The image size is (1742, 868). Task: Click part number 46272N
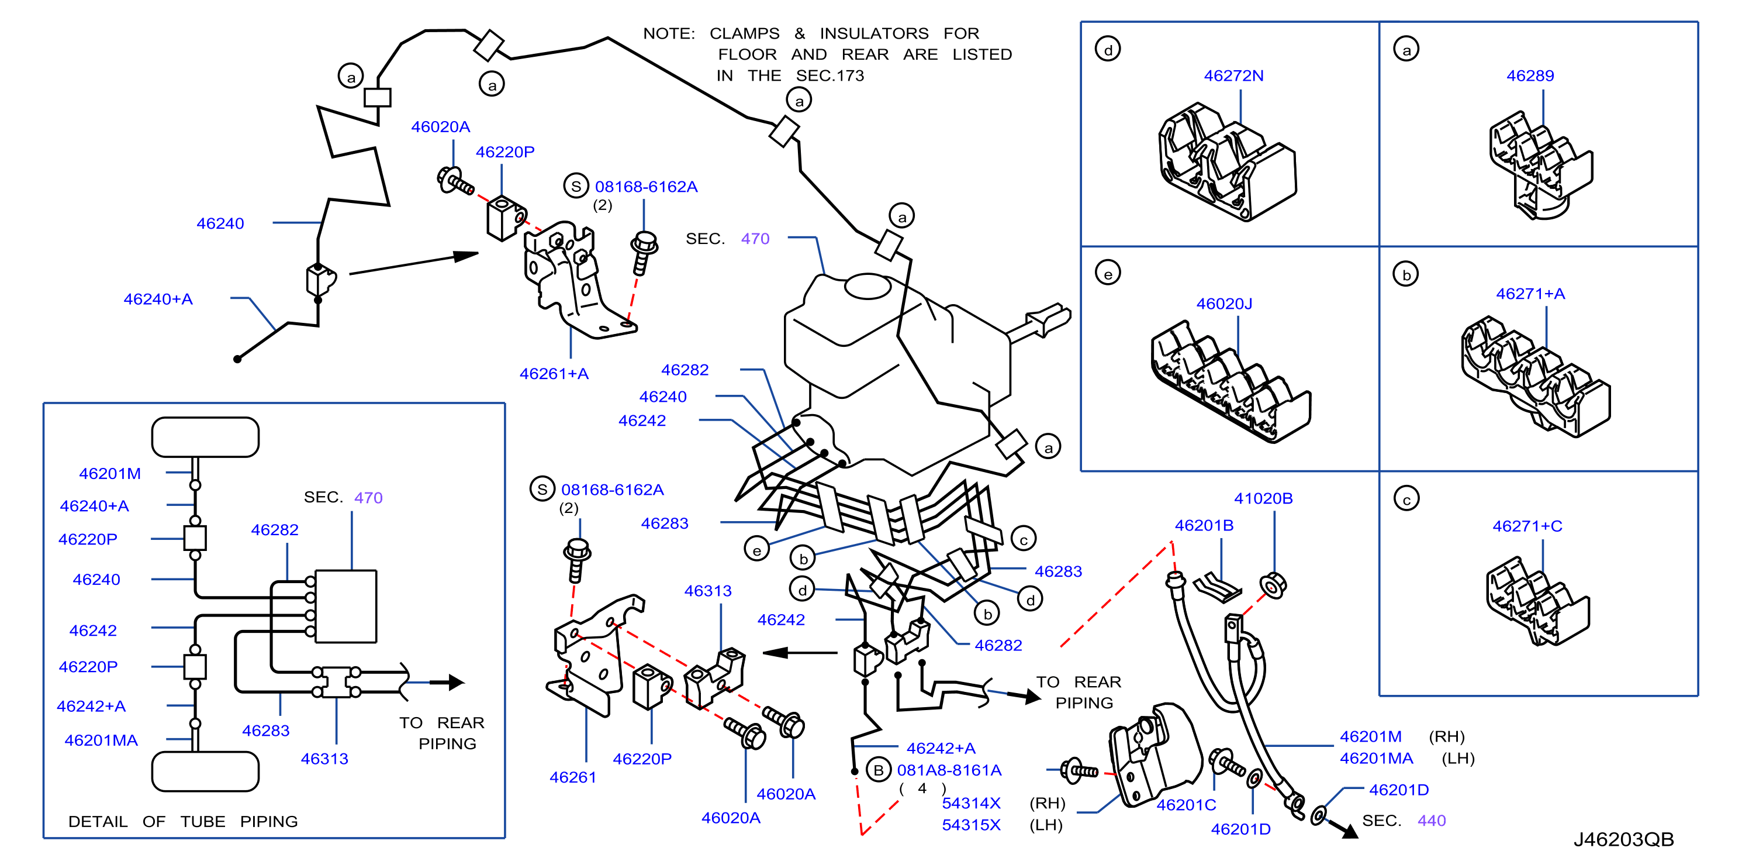click(1233, 76)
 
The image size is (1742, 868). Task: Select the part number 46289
click(1530, 76)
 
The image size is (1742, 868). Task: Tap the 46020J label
click(1224, 304)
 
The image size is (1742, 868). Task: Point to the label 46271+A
click(1530, 294)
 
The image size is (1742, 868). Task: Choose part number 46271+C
click(1527, 526)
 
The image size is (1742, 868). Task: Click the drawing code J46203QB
click(1624, 839)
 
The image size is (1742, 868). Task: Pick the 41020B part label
click(1263, 498)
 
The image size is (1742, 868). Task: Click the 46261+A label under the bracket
click(554, 373)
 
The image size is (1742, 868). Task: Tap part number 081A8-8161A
click(949, 770)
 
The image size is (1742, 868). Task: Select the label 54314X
click(971, 803)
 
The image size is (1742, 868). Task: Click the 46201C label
click(1186, 805)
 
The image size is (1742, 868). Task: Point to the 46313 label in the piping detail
click(324, 759)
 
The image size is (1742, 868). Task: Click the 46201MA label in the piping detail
click(102, 740)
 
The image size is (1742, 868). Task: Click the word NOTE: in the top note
click(669, 33)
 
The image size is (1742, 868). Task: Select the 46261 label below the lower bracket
click(573, 777)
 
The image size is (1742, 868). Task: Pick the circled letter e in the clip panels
click(1108, 273)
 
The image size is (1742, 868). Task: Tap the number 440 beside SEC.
click(1432, 821)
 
